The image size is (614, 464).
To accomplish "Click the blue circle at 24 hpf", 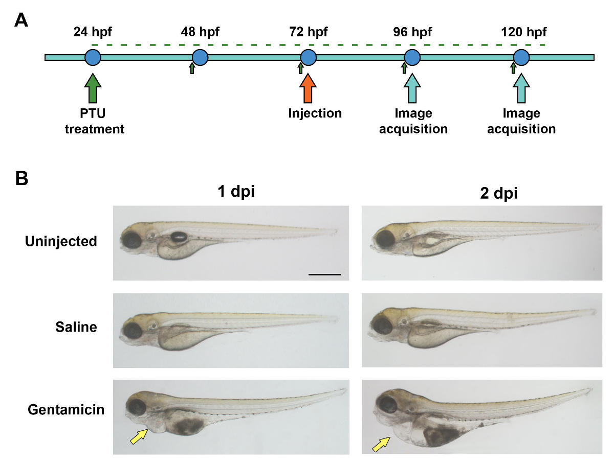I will (x=93, y=57).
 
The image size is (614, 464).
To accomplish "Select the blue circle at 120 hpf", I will (x=521, y=57).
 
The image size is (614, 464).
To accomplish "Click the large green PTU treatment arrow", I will (x=93, y=89).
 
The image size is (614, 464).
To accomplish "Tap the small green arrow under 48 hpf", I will (x=192, y=68).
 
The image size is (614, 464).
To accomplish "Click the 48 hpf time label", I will (x=200, y=33).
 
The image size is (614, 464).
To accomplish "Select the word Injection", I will (x=315, y=113).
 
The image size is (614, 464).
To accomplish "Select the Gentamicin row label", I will (x=66, y=409).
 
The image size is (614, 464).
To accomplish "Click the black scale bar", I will (x=324, y=274).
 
